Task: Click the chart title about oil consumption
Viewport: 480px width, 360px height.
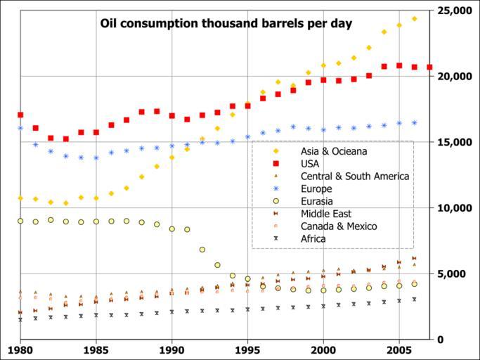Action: [226, 23]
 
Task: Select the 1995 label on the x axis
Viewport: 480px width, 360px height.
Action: [247, 349]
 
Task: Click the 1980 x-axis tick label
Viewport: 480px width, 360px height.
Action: [20, 349]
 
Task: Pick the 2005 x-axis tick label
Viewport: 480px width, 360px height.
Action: [399, 349]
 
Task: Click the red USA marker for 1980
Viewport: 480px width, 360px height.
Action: [20, 115]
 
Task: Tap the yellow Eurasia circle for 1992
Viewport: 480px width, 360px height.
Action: [202, 250]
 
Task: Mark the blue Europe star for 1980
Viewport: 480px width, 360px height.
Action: [20, 128]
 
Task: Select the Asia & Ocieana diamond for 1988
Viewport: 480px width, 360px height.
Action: [142, 176]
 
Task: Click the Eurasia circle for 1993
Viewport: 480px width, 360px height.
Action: [217, 265]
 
